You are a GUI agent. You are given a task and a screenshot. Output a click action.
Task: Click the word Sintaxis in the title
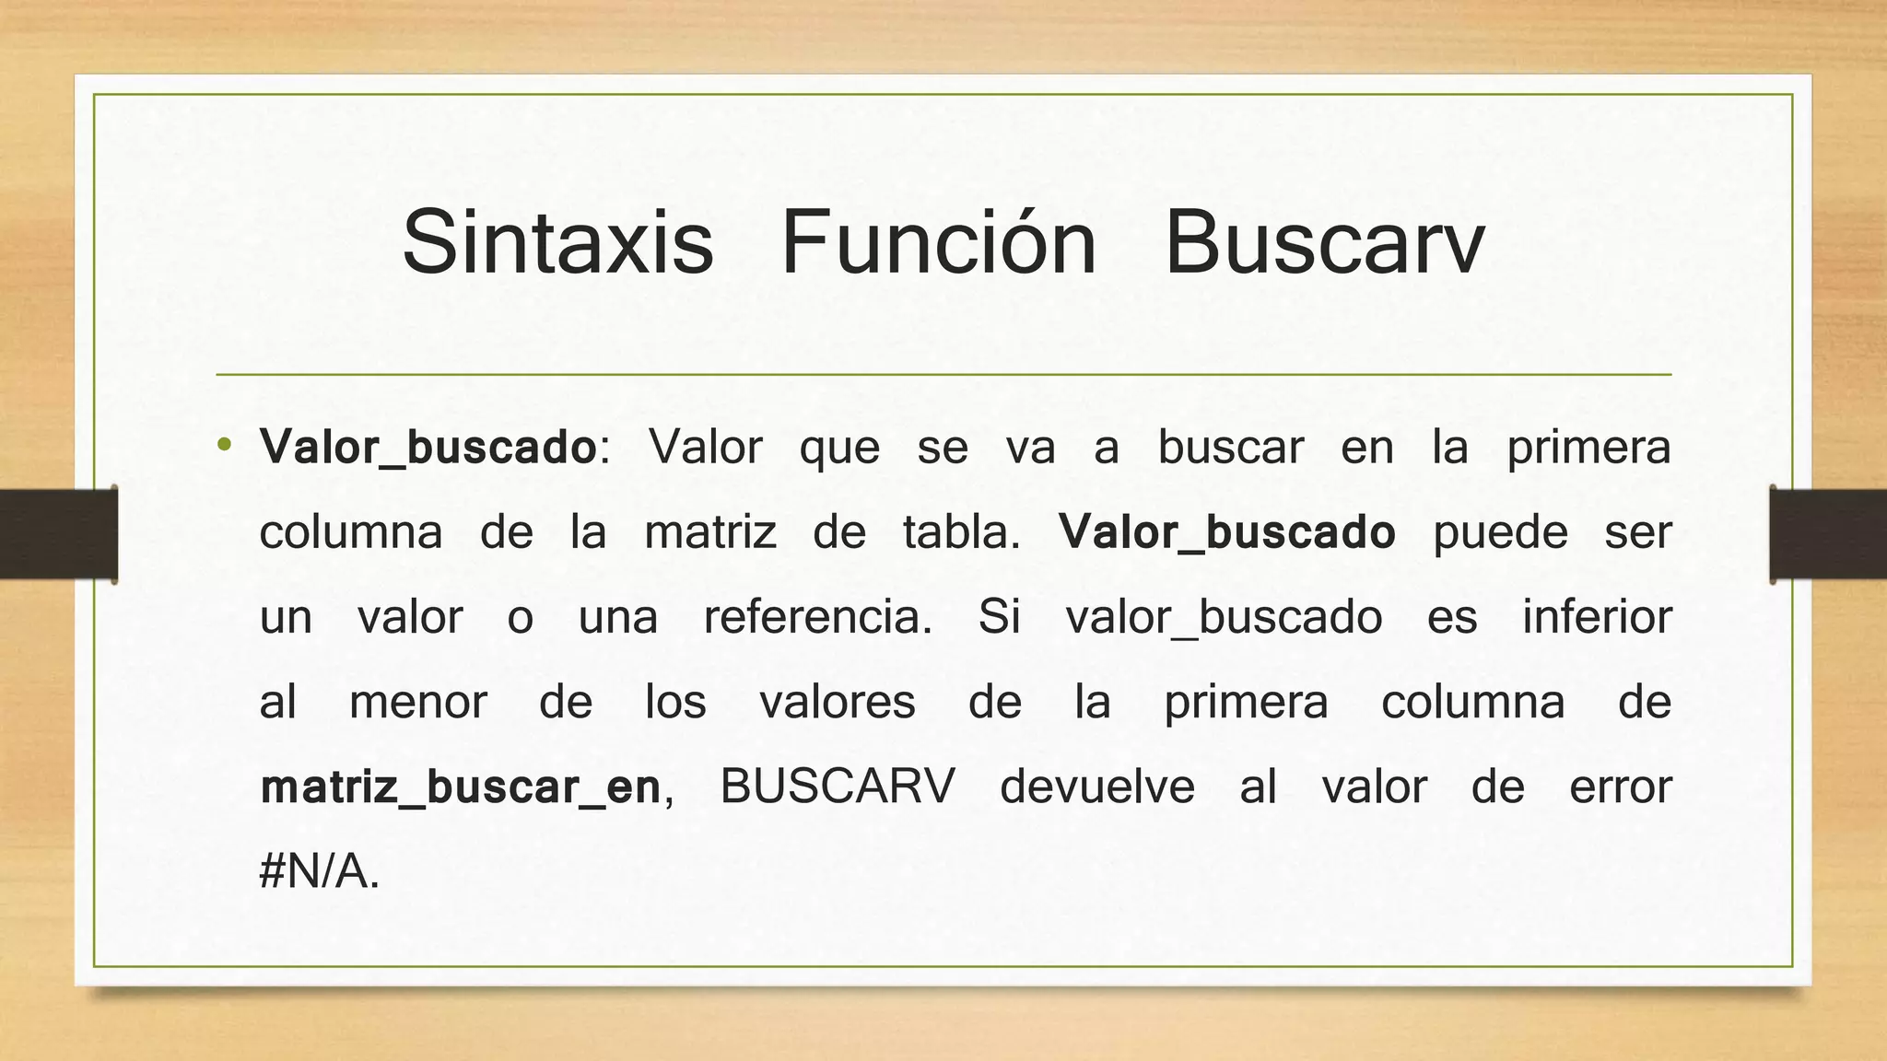[557, 242]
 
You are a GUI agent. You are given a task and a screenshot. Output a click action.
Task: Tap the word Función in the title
[938, 242]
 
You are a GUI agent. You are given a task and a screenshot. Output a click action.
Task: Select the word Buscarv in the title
[1324, 242]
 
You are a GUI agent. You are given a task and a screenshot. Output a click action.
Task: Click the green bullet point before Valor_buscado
[224, 447]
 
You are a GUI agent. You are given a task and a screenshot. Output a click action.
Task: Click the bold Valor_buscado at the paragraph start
[428, 448]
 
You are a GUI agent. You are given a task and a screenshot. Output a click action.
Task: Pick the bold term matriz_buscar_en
[461, 787]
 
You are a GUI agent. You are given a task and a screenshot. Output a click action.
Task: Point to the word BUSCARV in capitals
[838, 787]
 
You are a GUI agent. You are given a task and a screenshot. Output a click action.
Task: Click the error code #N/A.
[319, 871]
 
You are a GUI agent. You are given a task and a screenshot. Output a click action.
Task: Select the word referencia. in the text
[818, 617]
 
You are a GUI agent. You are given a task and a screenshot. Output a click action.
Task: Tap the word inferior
[1597, 617]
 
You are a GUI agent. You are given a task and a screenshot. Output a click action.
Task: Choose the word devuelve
[1097, 787]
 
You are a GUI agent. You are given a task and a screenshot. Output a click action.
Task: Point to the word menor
[418, 702]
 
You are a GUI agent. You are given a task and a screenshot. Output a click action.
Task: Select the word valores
[838, 702]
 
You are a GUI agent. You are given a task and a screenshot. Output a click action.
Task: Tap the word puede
[1500, 532]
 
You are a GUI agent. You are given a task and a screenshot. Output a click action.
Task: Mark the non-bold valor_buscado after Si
[1224, 617]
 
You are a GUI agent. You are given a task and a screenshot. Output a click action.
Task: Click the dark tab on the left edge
[58, 534]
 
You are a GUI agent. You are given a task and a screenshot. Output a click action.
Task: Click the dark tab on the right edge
[1828, 534]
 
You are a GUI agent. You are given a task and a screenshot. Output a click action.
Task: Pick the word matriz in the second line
[710, 532]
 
